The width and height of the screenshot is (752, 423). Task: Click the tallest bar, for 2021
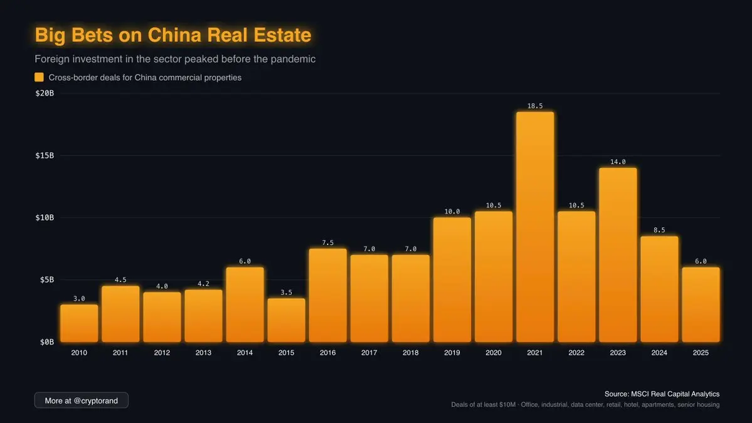pos(535,227)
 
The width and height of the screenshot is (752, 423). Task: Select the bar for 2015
pos(286,320)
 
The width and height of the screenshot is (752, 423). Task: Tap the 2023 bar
pos(618,255)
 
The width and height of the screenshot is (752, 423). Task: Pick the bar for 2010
pos(79,323)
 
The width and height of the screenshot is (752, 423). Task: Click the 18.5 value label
pos(535,106)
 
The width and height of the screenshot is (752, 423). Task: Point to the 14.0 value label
pos(618,162)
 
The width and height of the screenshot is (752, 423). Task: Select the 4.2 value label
pos(203,283)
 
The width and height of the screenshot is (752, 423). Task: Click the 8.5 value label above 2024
pos(659,230)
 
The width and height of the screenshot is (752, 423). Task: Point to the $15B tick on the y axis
pos(45,155)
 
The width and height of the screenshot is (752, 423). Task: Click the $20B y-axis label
pos(45,93)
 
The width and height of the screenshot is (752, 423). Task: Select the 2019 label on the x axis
pos(452,353)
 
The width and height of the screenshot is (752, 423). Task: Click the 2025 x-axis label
pos(701,353)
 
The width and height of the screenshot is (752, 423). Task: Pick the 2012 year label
pos(162,353)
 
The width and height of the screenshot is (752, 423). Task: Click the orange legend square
pos(39,77)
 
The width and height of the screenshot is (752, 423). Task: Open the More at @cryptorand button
pos(81,400)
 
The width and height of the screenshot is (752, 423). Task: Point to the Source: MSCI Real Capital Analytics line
pos(662,394)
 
